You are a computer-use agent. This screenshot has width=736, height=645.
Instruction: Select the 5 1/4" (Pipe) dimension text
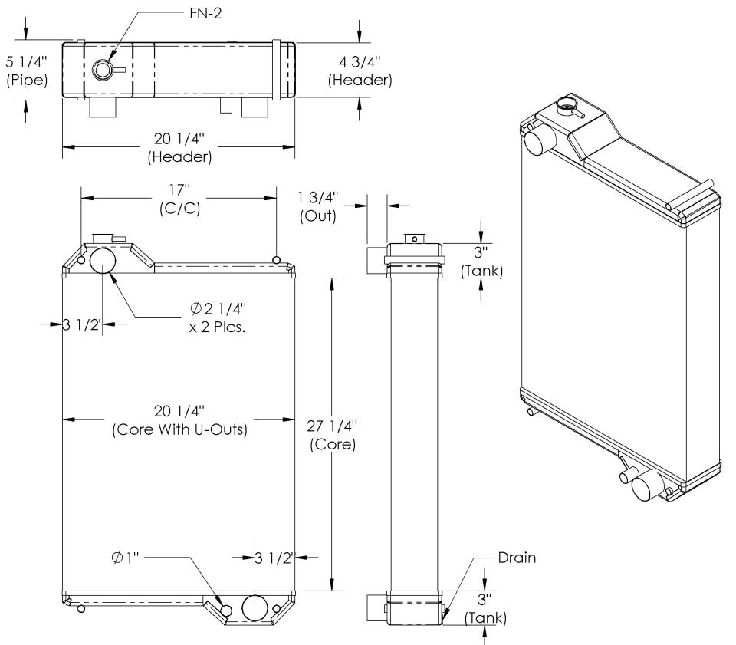coord(26,68)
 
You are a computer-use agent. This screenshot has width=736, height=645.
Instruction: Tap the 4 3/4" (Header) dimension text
coord(360,70)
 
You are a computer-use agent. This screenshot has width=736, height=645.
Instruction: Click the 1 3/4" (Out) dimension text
coord(317,206)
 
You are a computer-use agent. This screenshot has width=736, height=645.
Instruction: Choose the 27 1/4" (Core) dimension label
coord(332,434)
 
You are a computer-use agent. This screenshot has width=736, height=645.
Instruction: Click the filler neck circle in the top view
coord(103,70)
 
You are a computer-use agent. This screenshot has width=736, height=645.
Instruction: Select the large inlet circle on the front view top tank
coord(103,261)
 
